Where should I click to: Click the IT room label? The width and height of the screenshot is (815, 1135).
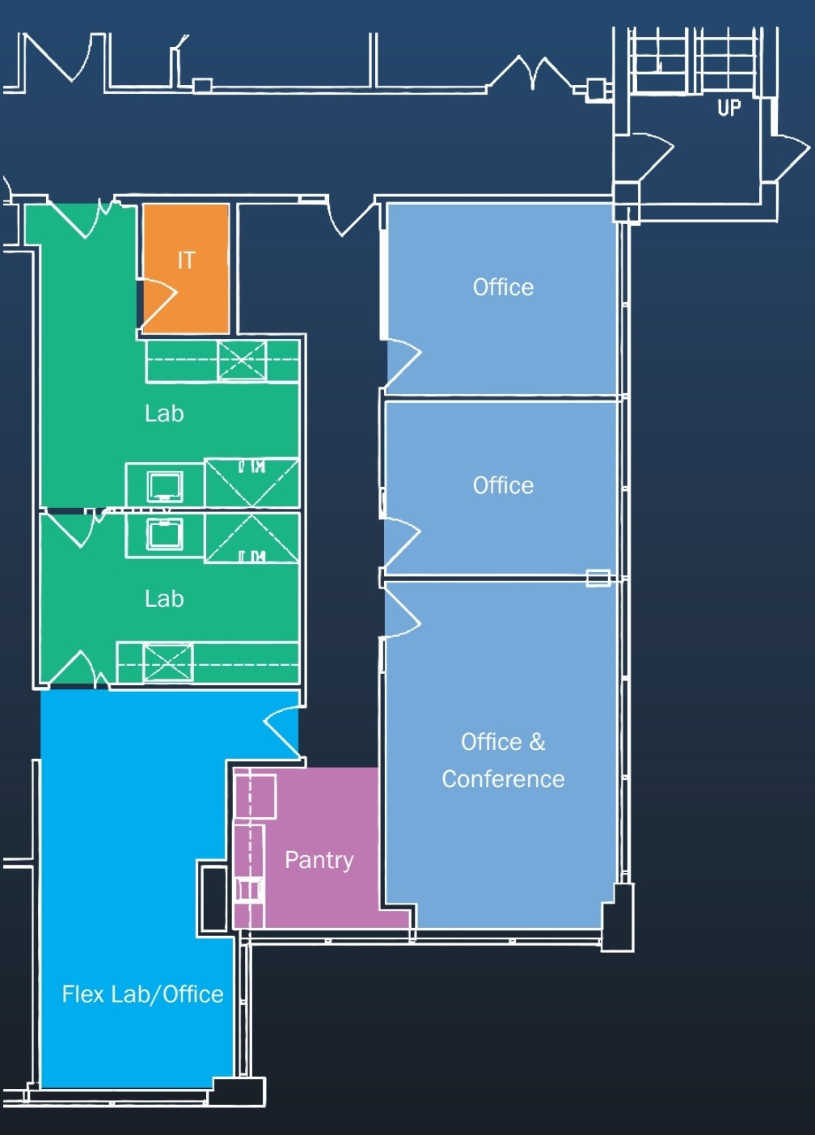[x=186, y=260]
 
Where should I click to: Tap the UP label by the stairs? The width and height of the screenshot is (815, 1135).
[x=728, y=108]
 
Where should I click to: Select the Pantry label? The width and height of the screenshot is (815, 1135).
[x=319, y=859]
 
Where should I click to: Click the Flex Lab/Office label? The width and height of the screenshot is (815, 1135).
[x=142, y=994]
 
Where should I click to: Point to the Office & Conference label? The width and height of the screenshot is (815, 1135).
[x=503, y=760]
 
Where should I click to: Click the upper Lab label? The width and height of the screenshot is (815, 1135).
[x=164, y=413]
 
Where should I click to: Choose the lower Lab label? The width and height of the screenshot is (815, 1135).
[x=164, y=599]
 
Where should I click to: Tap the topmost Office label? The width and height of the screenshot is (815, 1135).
[x=503, y=287]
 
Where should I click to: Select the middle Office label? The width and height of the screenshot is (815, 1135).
[x=503, y=485]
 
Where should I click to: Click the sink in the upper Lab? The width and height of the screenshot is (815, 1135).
[x=164, y=486]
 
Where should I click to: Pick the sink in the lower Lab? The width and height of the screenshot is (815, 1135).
[x=164, y=534]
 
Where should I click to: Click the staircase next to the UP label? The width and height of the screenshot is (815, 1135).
[x=695, y=60]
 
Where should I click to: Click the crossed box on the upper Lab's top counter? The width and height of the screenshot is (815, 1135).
[x=242, y=360]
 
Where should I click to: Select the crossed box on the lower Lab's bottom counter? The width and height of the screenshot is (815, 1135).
[x=168, y=663]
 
